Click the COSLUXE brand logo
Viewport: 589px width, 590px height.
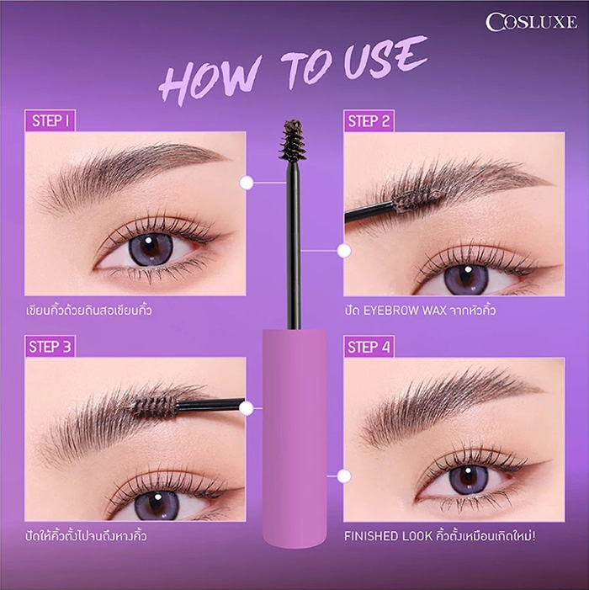click(531, 22)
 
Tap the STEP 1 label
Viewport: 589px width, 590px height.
click(50, 120)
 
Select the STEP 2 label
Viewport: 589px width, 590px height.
click(369, 121)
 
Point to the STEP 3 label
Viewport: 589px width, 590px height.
click(50, 347)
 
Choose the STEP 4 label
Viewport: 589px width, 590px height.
click(369, 347)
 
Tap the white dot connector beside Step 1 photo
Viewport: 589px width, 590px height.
click(247, 182)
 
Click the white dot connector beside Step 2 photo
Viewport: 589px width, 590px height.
click(343, 250)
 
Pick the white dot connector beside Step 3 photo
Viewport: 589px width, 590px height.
click(247, 408)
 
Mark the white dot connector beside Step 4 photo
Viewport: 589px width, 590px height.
click(343, 476)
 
